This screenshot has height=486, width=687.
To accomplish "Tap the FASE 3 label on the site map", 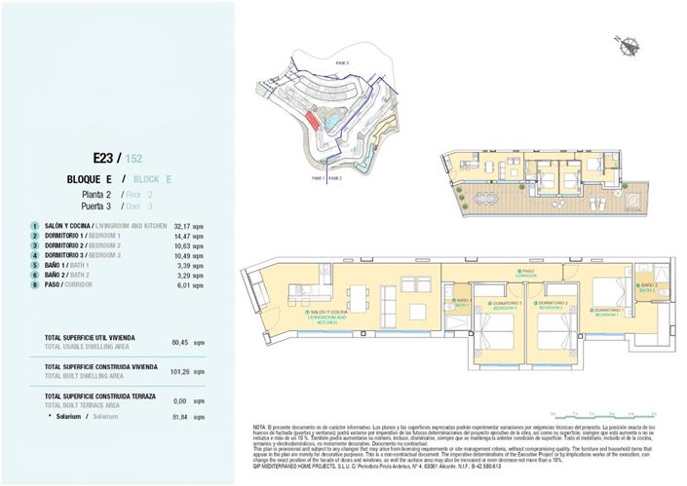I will [x=342, y=62].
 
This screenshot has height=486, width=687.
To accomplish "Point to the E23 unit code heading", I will [x=105, y=157].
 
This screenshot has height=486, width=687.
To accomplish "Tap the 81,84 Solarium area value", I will [x=178, y=416].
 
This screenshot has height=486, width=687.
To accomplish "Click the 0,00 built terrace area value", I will [x=180, y=400].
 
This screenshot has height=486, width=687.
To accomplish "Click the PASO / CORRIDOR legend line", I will [x=68, y=285].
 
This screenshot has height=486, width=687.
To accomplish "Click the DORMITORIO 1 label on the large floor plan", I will [x=610, y=313].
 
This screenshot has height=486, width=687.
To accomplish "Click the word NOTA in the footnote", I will [x=259, y=428].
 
